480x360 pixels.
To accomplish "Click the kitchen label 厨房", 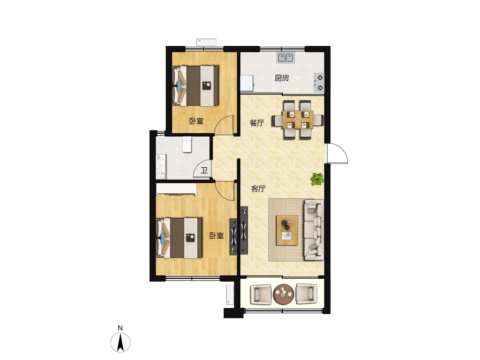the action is point(282,78).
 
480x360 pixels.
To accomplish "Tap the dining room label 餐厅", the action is point(257,123).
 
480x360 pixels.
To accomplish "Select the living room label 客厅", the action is point(258,189).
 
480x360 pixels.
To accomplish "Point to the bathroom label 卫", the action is point(204,170).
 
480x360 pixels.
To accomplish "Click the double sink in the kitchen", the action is point(285,58).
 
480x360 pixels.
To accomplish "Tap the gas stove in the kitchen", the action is point(319,83).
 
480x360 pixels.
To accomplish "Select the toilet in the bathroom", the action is point(187,144).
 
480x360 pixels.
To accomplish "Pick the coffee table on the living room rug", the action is point(287,230).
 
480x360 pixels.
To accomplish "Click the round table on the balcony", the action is point(284,294).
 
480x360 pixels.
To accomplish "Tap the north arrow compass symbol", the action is point(120,342).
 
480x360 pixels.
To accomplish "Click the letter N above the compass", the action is point(120,328).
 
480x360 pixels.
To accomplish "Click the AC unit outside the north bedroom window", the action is point(206,42).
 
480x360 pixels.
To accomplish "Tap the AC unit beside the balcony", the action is point(230,295).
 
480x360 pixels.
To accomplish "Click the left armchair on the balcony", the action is point(261,294).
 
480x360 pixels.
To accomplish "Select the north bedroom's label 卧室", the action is point(196,121).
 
